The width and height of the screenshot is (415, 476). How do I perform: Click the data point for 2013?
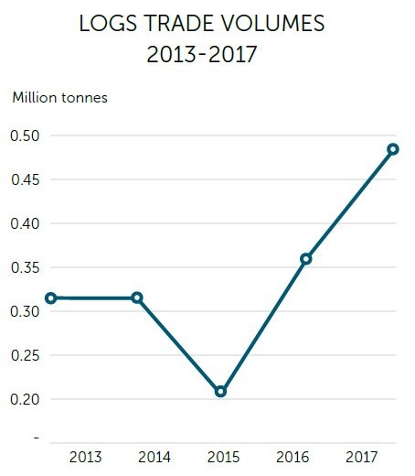click(x=51, y=297)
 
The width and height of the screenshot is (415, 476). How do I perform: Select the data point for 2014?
click(x=137, y=297)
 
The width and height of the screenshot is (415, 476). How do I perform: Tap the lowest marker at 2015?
click(x=220, y=392)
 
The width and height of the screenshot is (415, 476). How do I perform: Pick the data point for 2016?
click(x=306, y=259)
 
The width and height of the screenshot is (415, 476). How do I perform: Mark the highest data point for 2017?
click(x=392, y=149)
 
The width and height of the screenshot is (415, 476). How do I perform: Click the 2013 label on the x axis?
click(x=86, y=457)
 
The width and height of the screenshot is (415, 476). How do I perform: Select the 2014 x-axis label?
click(x=154, y=457)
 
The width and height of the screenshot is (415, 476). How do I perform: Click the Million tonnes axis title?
click(x=59, y=97)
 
